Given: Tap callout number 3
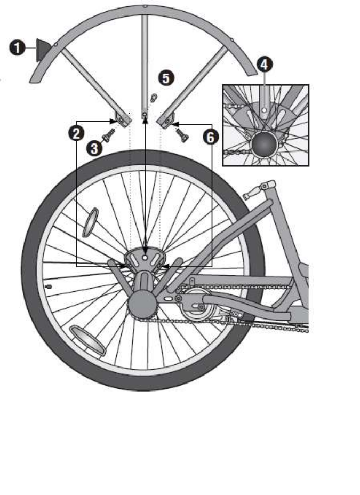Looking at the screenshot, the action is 95,148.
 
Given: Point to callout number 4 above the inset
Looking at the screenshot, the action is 265,65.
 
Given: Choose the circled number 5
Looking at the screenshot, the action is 166,78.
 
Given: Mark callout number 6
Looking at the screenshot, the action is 211,137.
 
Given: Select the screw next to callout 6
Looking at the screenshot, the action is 182,133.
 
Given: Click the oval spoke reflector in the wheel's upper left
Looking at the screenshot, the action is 90,222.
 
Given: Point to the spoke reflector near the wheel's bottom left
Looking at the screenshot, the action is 87,340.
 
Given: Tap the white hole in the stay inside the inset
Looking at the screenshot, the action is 265,110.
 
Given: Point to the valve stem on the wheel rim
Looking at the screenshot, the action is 49,286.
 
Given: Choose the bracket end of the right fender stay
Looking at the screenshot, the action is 165,121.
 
